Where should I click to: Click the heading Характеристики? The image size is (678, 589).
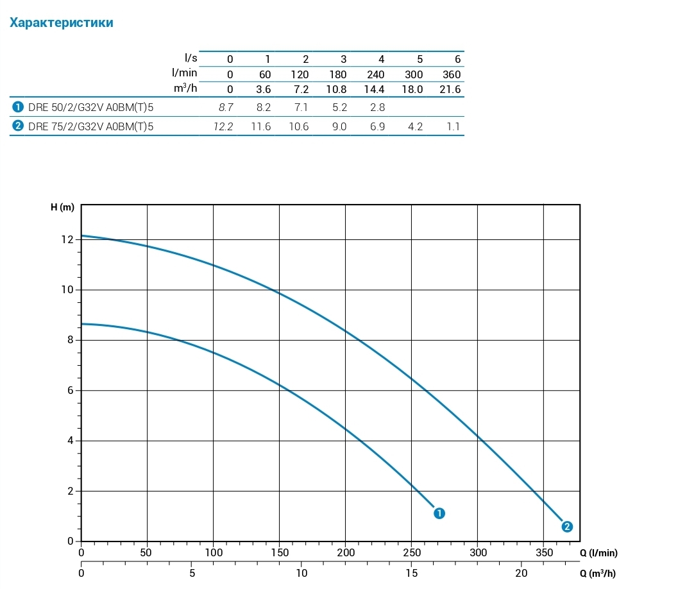pyautogui.click(x=62, y=23)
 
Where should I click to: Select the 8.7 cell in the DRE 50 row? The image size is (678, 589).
pyautogui.click(x=226, y=107)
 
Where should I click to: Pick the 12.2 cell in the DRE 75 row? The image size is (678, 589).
pyautogui.click(x=223, y=126)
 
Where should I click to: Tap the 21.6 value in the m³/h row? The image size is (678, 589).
pyautogui.click(x=450, y=89)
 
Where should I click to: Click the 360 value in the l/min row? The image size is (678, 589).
pyautogui.click(x=452, y=74)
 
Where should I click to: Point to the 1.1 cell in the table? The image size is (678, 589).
pyautogui.click(x=453, y=126)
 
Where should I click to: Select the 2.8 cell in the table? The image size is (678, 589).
pyautogui.click(x=378, y=107)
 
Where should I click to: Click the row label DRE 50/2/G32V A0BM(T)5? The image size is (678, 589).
pyautogui.click(x=90, y=107)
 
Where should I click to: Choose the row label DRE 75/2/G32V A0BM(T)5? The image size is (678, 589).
pyautogui.click(x=90, y=126)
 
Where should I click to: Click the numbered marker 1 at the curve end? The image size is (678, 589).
pyautogui.click(x=439, y=513)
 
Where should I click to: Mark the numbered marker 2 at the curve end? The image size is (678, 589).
pyautogui.click(x=567, y=527)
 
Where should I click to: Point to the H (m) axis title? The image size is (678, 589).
pyautogui.click(x=62, y=207)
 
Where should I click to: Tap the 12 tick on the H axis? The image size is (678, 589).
pyautogui.click(x=67, y=239)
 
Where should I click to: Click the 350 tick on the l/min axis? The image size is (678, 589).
pyautogui.click(x=543, y=552)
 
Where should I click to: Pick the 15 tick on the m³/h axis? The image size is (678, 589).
pyautogui.click(x=412, y=573)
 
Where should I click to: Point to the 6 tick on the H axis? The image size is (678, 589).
pyautogui.click(x=70, y=390)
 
